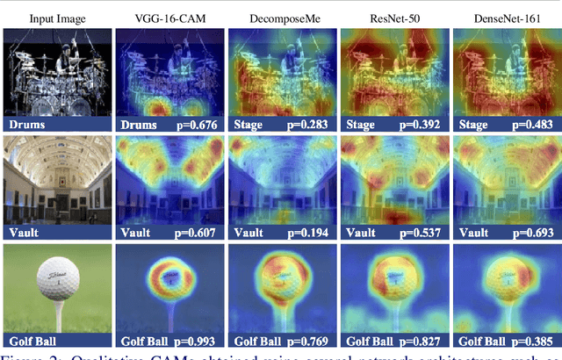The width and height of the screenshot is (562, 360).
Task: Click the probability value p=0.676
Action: pos(199,126)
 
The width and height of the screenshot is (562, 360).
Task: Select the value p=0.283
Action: pos(312,126)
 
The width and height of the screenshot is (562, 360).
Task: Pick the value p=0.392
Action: pos(424,126)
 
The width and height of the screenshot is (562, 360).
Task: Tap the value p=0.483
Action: pos(536,126)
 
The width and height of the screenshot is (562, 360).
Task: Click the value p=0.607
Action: pos(199,233)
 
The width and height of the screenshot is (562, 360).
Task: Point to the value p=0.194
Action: pos(312,233)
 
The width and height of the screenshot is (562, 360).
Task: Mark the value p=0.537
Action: pos(424,233)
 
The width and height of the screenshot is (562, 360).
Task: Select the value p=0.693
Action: pos(536,233)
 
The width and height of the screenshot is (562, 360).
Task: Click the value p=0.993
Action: pos(199,341)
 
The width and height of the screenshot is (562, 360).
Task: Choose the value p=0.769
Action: pos(312,341)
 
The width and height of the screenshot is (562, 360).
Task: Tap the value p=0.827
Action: pos(424,341)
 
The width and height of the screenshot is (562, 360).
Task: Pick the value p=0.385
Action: pos(536,341)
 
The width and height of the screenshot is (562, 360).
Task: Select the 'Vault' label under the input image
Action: pos(24,233)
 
